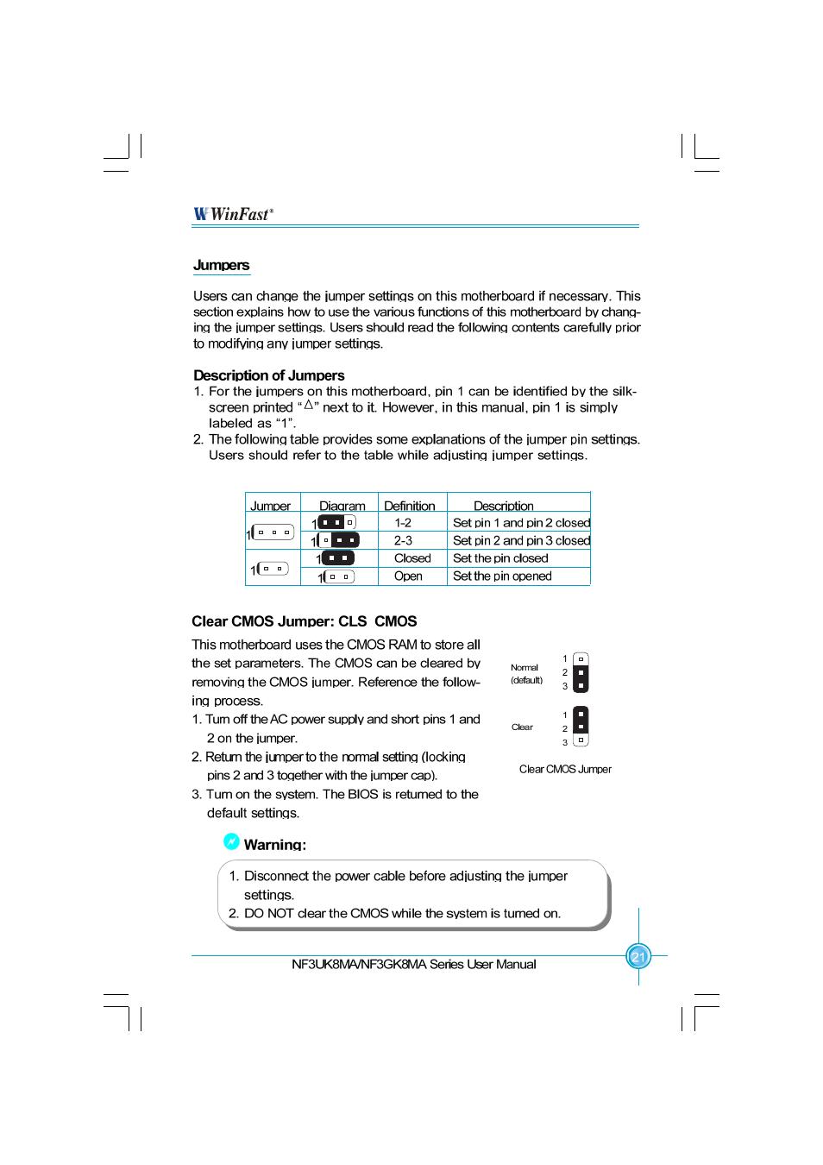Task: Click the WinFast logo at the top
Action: (233, 214)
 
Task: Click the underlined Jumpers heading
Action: (221, 266)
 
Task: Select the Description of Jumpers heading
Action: (268, 375)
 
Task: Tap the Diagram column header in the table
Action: (342, 506)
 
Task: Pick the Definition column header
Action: (409, 506)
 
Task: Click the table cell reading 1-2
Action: (403, 523)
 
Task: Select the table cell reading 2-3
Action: (403, 541)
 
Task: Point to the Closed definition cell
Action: (412, 558)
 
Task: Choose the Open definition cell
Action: (408, 576)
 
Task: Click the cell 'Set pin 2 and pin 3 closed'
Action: (521, 541)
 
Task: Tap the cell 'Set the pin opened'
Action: (502, 576)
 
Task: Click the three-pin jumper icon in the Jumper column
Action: (273, 532)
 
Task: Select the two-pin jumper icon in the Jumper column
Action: (271, 569)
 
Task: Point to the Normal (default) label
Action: (525, 674)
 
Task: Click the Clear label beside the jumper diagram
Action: (522, 727)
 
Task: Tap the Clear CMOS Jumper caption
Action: (565, 769)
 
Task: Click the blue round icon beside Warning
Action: (231, 841)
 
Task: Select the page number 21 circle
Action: (638, 956)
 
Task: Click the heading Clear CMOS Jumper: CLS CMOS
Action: (304, 621)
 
